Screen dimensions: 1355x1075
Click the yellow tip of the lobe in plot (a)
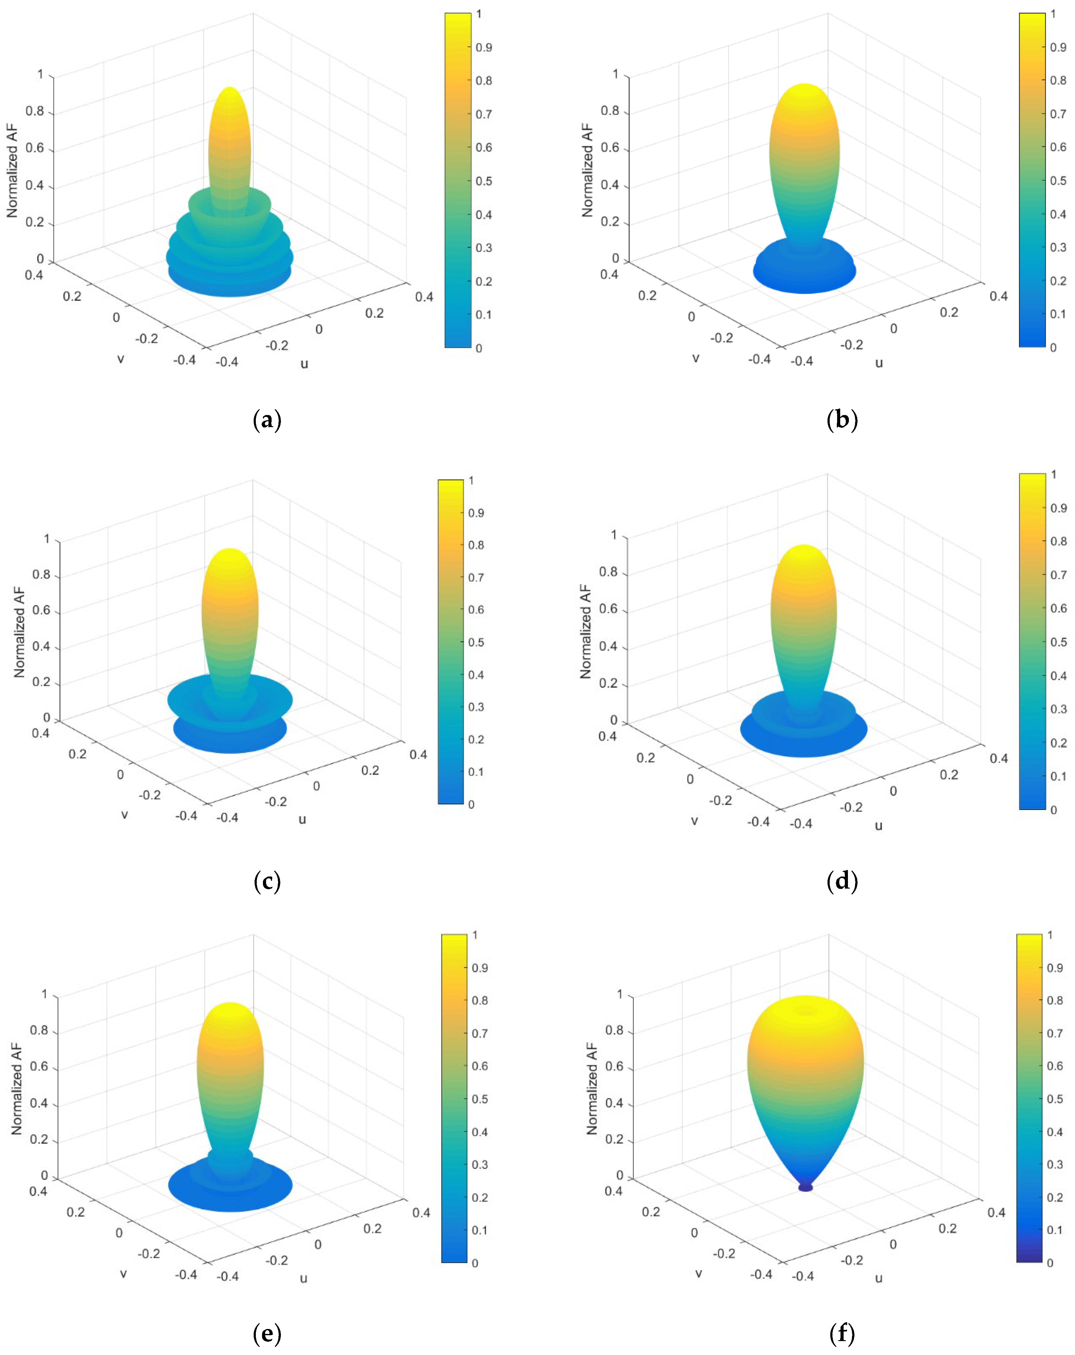coord(230,91)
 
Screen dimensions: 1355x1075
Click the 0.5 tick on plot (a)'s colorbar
coord(483,181)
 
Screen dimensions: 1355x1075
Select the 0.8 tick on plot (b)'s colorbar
coord(1058,80)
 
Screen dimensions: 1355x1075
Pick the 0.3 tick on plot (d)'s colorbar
coord(1058,709)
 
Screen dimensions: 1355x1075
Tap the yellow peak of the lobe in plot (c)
coord(230,553)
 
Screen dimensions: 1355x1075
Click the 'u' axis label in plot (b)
coord(879,363)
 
